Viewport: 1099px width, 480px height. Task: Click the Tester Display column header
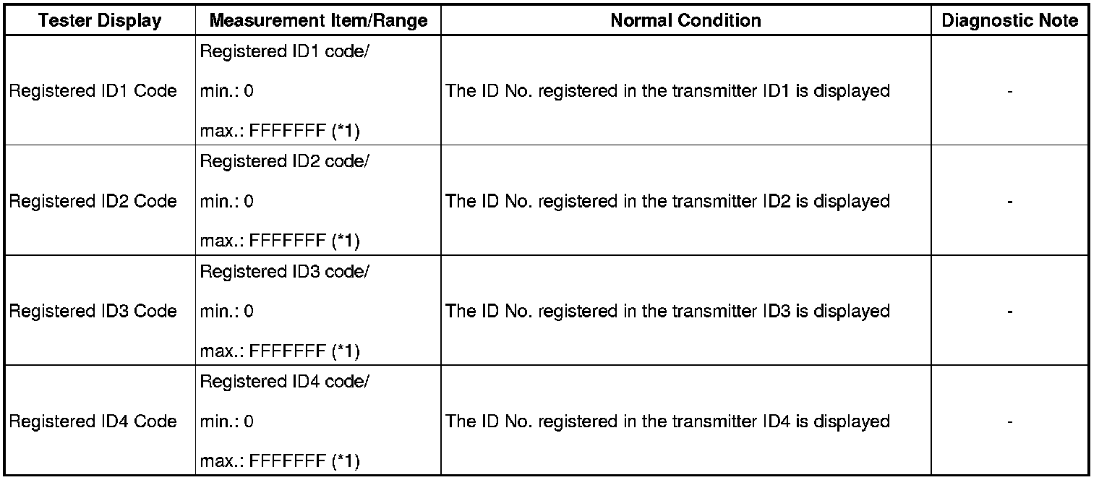pyautogui.click(x=100, y=21)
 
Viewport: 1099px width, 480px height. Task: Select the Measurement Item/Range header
pyautogui.click(x=318, y=21)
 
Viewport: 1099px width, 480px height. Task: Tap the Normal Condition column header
pyautogui.click(x=685, y=21)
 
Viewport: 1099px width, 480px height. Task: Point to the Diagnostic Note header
pyautogui.click(x=1009, y=21)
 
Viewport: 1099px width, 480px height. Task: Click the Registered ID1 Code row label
pyautogui.click(x=93, y=91)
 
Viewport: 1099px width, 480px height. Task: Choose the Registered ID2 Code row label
pyautogui.click(x=93, y=201)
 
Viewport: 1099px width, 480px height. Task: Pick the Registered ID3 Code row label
pyautogui.click(x=93, y=311)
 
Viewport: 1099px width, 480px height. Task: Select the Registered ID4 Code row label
pyautogui.click(x=93, y=421)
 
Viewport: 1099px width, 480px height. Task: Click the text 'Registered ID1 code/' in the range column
pyautogui.click(x=284, y=52)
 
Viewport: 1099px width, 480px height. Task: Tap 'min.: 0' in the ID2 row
pyautogui.click(x=227, y=202)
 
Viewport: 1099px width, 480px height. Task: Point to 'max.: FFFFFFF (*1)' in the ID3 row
pyautogui.click(x=280, y=351)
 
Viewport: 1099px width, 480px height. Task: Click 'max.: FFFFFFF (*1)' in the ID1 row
pyautogui.click(x=280, y=132)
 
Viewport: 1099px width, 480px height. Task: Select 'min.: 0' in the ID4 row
pyautogui.click(x=227, y=421)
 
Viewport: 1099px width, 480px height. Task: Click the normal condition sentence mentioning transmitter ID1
pyautogui.click(x=667, y=91)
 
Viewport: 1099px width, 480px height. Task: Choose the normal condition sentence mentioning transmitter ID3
pyautogui.click(x=667, y=311)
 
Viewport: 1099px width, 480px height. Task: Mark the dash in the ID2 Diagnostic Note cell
pyautogui.click(x=1009, y=202)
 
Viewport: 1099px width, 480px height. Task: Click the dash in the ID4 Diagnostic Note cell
pyautogui.click(x=1009, y=421)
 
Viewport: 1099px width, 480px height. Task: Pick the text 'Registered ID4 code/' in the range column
pyautogui.click(x=284, y=381)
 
